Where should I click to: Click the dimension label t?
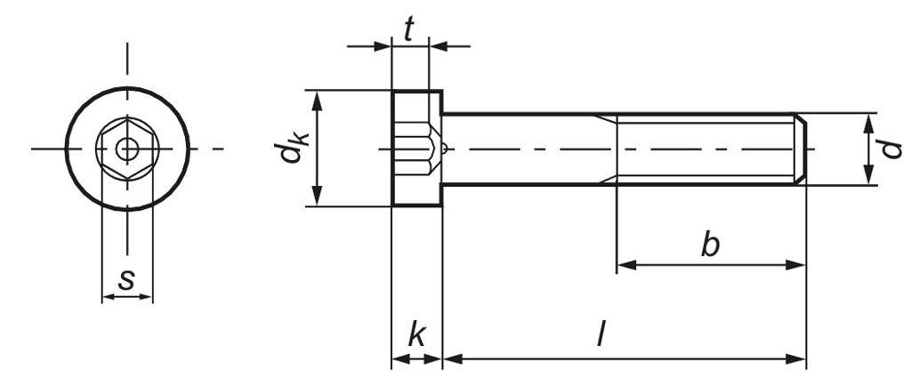pos(409,30)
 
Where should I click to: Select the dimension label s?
pos(127,280)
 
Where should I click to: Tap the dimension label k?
pos(415,335)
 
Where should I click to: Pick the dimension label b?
pos(709,245)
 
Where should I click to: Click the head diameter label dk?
pos(290,149)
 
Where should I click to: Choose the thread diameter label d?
pos(891,149)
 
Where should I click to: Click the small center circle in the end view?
pos(127,149)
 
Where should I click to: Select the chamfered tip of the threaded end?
pos(801,149)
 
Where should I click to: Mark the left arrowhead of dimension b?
pos(624,264)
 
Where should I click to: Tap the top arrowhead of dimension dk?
pos(318,96)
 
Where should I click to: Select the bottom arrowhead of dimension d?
pos(868,179)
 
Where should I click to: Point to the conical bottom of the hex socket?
pos(439,149)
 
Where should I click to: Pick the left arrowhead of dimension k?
pos(398,359)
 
